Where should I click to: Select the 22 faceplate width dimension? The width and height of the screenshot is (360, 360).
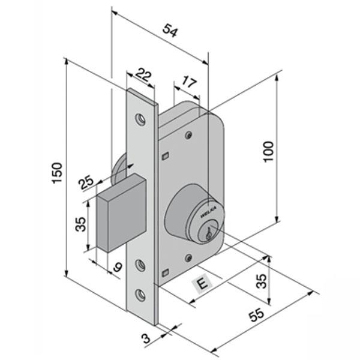click(142, 74)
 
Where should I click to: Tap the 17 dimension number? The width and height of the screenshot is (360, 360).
click(188, 82)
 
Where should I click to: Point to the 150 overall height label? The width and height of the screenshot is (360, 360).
click(57, 173)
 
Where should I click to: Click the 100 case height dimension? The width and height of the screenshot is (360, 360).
click(268, 153)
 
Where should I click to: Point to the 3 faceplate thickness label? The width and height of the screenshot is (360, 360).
click(146, 339)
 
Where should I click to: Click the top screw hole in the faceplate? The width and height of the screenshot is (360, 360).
click(142, 119)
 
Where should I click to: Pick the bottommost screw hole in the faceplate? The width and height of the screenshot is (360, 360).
click(141, 294)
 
